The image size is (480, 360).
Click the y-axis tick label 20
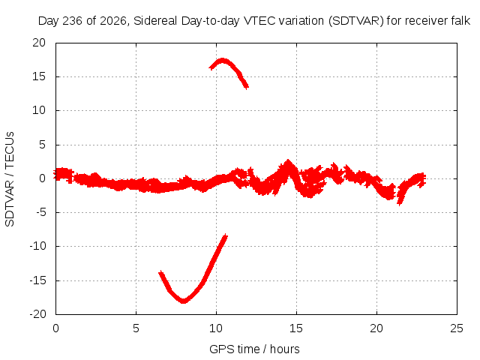39,43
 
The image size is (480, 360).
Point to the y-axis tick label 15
39,76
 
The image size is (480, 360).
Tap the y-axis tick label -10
37,246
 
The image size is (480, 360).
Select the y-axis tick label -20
37,314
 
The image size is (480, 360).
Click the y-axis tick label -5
40,212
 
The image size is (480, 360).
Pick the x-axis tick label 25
457,328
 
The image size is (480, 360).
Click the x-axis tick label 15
296,328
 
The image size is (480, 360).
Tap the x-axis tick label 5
136,328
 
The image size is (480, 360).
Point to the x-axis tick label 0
55,328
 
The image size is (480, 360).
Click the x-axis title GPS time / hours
254,349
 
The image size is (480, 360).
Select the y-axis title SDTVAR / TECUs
10,179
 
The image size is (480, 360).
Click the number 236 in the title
73,21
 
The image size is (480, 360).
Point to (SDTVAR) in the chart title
356,21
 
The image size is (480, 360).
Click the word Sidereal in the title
155,21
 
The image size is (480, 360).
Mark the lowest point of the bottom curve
183,301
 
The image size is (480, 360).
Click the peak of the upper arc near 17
223,60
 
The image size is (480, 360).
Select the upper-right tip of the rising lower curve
226,235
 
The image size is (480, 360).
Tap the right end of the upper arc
247,87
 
